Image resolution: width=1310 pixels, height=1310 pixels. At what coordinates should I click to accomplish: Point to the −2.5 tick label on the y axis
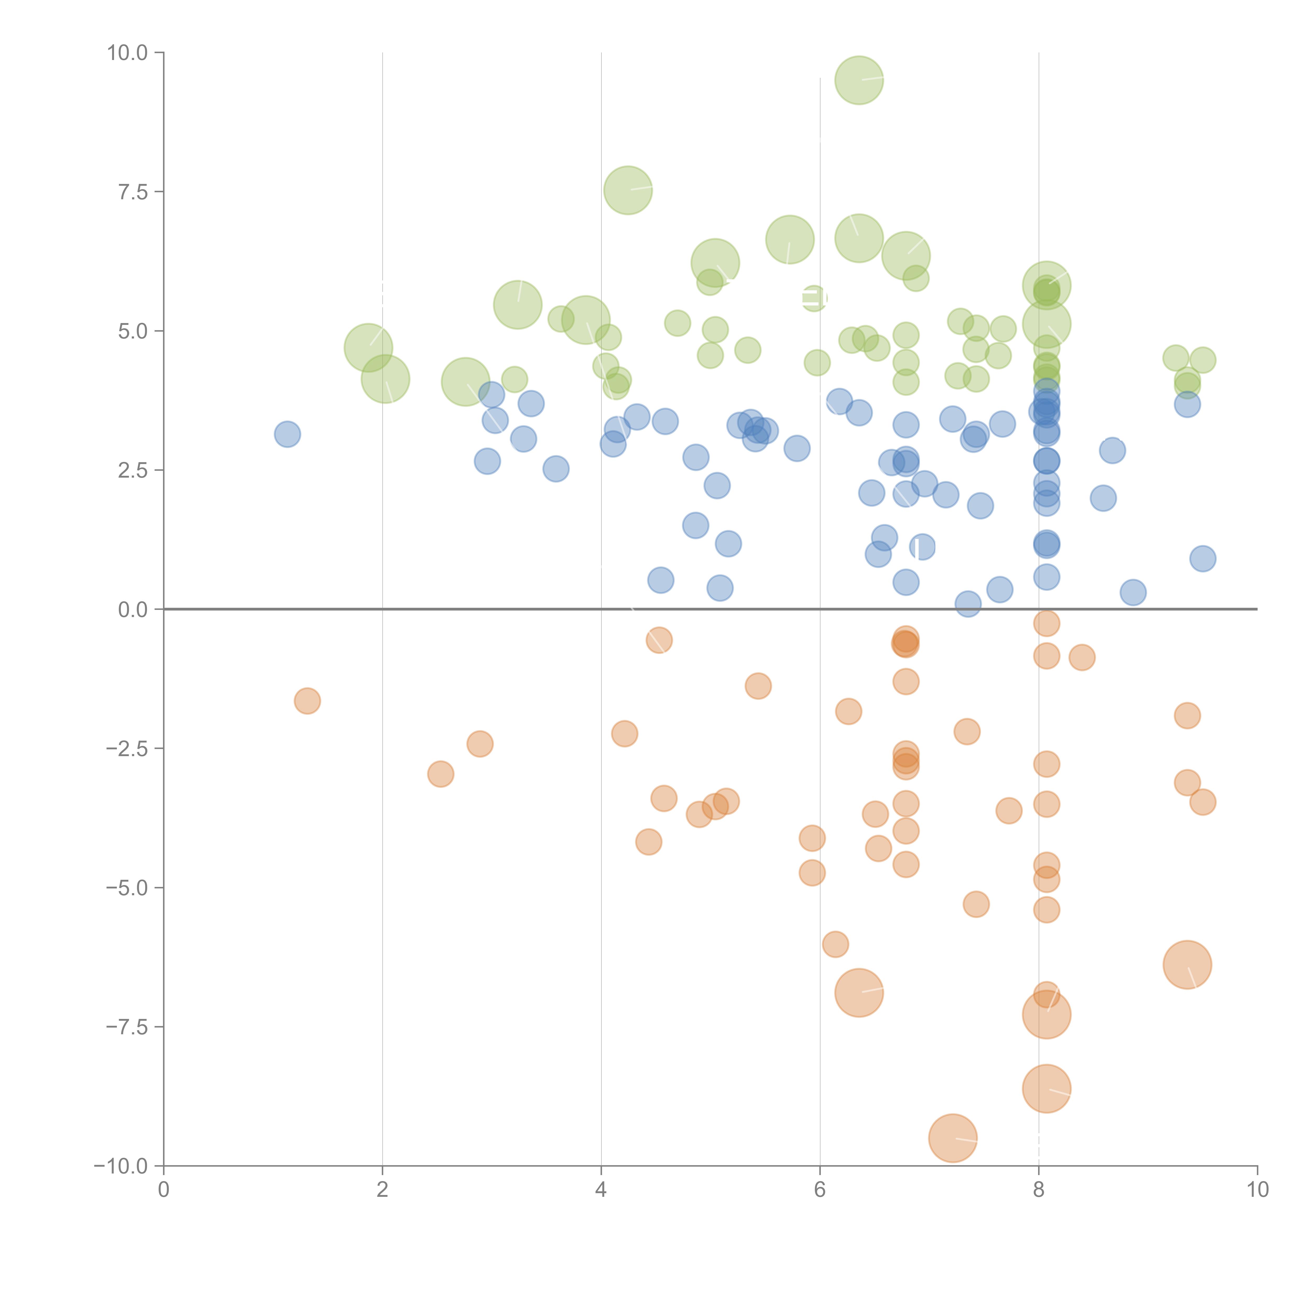[127, 749]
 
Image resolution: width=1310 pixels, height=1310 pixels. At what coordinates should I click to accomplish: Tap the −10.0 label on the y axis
[121, 1166]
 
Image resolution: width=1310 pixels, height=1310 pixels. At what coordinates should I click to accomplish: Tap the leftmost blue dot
[287, 434]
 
